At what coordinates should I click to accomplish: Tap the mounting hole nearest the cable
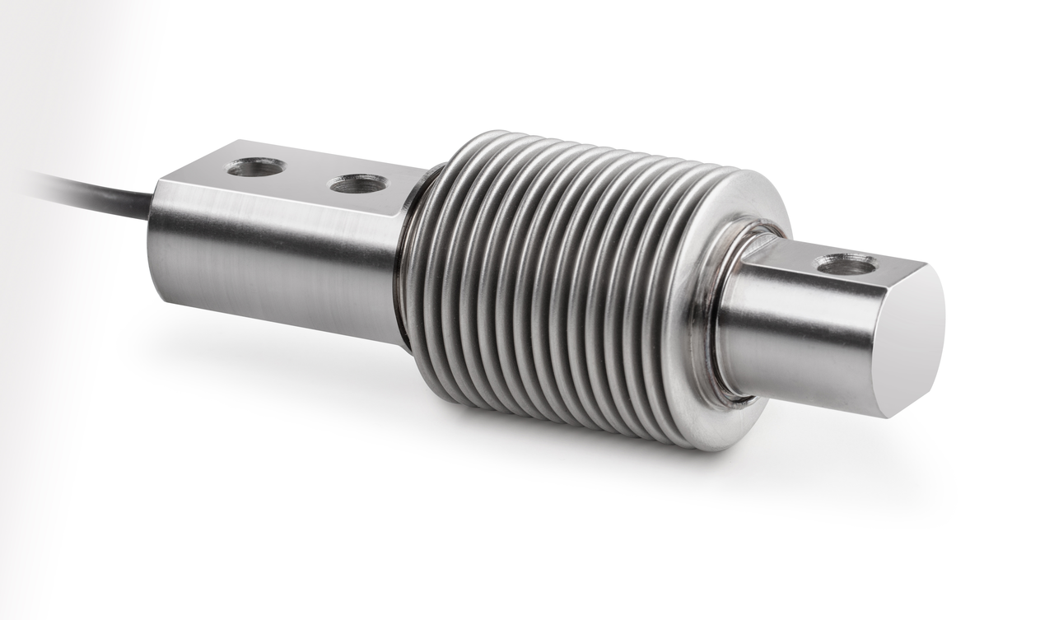click(255, 167)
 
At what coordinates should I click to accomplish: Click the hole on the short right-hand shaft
click(846, 264)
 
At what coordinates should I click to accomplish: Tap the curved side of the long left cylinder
click(272, 263)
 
